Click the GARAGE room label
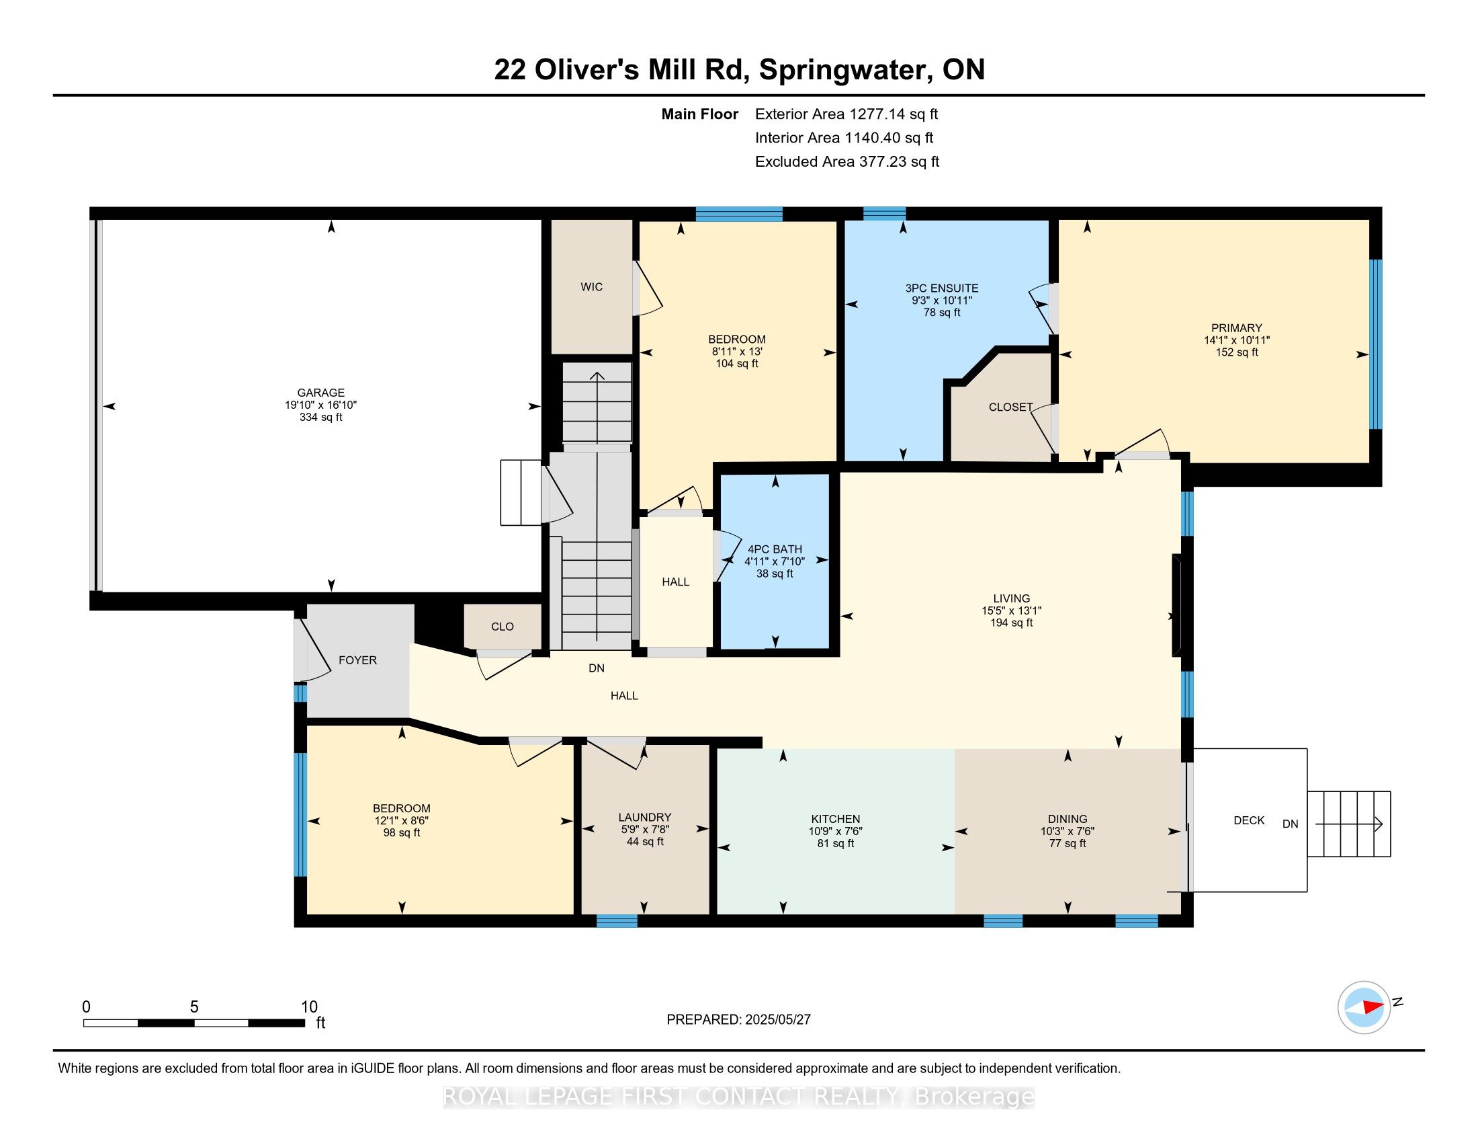pos(320,393)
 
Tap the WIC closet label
pos(591,287)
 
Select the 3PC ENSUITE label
pos(941,288)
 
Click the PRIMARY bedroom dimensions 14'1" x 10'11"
pos(1236,341)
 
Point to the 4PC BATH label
pos(774,549)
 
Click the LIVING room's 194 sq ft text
pos(1011,623)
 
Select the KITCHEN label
pos(835,820)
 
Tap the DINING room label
pos(1068,820)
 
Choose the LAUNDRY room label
pos(644,818)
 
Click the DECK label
pos(1249,821)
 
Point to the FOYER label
pos(357,660)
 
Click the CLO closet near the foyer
pos(502,627)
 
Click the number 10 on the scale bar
pos(308,1007)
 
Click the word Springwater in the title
pos(837,70)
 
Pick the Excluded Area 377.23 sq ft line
pos(846,162)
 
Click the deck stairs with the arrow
pos(1348,824)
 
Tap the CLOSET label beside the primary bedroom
pos(1010,407)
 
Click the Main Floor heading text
pos(699,114)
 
